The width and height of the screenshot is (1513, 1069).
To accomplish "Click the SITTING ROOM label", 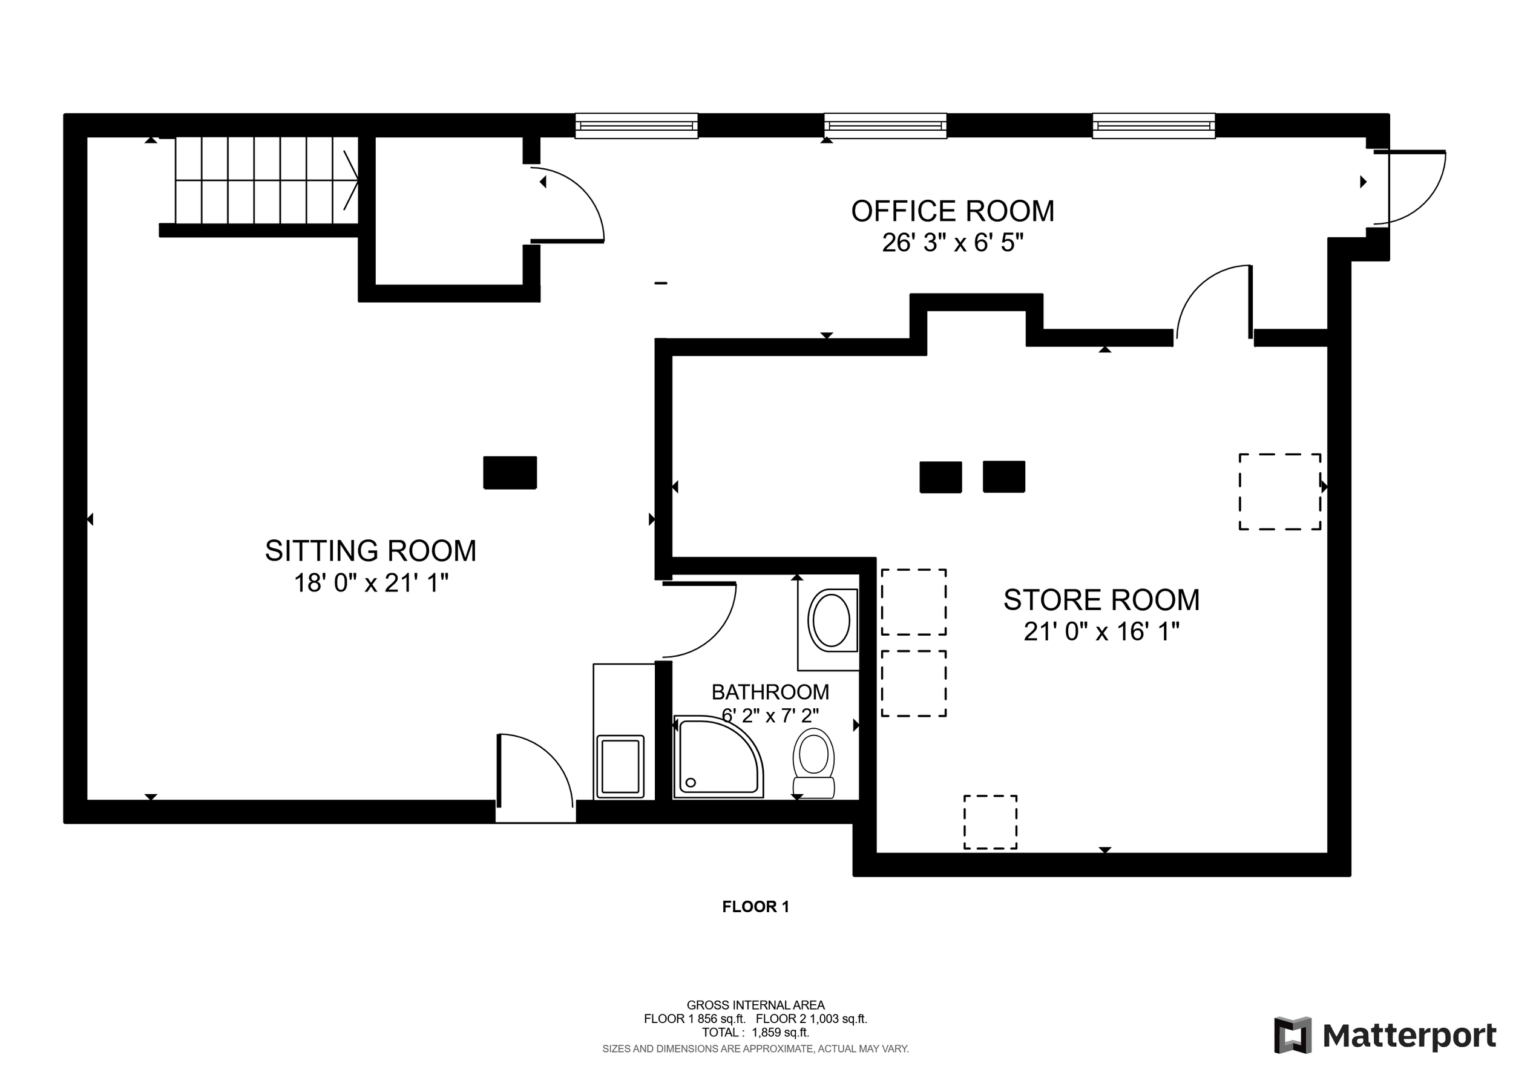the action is pos(370,550).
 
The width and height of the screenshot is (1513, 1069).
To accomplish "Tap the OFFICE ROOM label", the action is pos(953,211).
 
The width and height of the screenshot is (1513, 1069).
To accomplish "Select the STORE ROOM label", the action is pos(1101,600).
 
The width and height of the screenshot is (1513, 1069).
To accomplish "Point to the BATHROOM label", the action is pos(770,692).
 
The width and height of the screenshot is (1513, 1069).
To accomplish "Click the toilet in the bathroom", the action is pos(814,763).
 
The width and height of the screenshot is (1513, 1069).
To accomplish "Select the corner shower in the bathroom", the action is pos(718,758).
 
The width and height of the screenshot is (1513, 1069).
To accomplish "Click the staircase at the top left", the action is pos(266,180).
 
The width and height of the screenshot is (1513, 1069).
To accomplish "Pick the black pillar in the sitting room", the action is pos(510,473).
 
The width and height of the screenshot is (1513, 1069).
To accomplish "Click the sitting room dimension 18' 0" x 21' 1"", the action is pos(371,584).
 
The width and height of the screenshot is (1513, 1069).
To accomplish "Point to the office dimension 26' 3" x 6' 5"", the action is pos(953,243).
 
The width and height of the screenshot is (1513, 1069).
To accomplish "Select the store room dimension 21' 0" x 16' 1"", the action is pos(1101,631).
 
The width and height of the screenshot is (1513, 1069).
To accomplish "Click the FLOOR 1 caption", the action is pos(755,907).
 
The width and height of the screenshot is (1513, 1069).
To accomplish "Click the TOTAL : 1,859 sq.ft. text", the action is pos(755,1033).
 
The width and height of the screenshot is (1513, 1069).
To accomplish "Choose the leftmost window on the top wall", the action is pos(637,126).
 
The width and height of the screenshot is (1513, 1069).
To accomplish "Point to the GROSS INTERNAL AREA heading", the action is pos(755,1005).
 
